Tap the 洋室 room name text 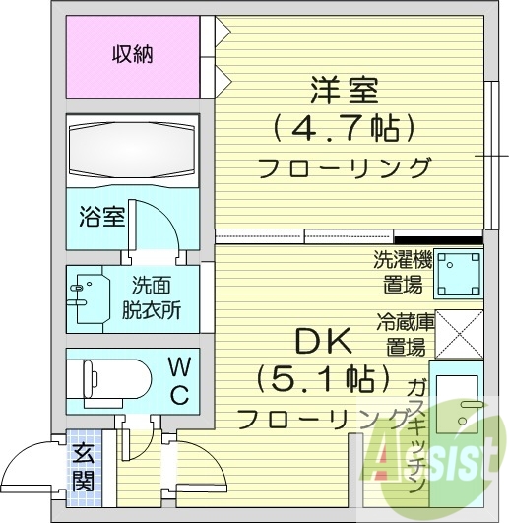tap(343, 90)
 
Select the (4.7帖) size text tap(343, 128)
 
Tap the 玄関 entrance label tap(83, 467)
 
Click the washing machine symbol tap(459, 274)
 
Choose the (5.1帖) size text tap(319, 377)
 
